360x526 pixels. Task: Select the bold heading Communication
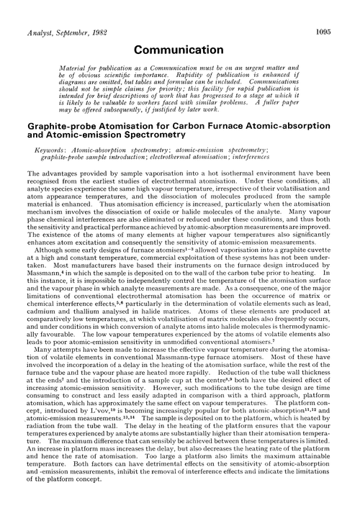coord(180,50)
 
